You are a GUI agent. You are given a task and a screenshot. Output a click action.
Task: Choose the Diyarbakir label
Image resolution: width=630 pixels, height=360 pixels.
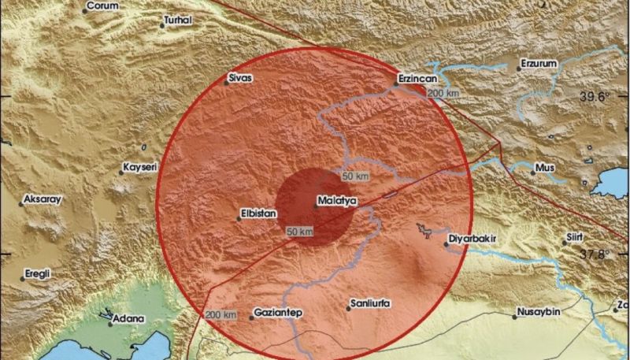pos(473,234)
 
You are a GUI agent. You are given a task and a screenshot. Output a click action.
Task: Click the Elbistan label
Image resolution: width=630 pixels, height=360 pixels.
pos(257,211)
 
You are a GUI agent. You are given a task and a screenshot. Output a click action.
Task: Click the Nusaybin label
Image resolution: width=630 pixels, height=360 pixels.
pos(537,314)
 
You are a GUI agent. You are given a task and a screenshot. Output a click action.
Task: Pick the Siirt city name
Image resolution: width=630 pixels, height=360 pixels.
pos(578,236)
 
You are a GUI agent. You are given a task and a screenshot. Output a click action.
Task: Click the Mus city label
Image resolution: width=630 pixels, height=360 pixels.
pos(545,168)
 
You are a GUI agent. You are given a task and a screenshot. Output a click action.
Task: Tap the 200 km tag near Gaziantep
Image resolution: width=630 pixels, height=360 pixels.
pos(221,315)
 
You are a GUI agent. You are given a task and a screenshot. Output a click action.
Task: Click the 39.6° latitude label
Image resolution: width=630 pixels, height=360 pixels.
pos(596,97)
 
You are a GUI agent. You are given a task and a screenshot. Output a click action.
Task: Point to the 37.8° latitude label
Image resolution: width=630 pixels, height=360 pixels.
pos(595,254)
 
